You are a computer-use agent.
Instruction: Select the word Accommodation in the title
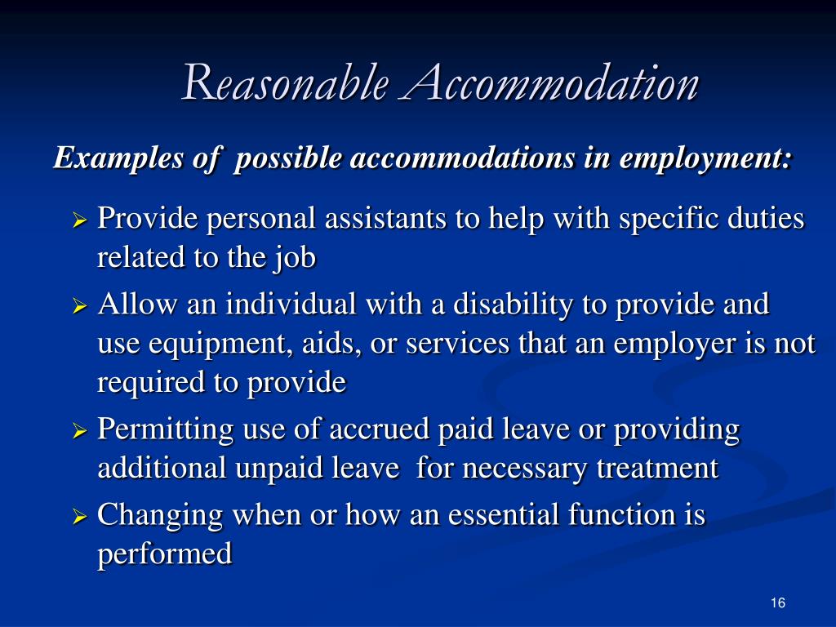pos(549,84)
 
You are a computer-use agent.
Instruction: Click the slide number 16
pos(777,603)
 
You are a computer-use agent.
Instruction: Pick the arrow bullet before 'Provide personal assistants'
pos(79,220)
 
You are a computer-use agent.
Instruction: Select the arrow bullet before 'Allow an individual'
pos(79,306)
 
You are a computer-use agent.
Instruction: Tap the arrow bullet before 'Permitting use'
pos(79,430)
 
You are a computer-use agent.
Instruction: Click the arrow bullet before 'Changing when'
pos(79,517)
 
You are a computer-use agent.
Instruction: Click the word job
pos(296,258)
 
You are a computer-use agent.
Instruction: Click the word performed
pos(165,554)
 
